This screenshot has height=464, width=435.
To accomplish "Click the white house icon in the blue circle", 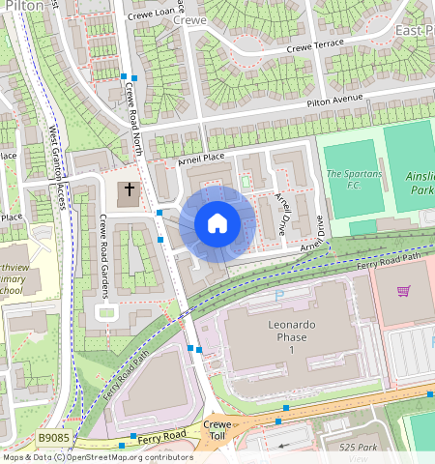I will point(217,223).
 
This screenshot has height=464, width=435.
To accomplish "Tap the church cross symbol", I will point(130,191).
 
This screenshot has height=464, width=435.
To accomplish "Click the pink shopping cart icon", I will point(404,290).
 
